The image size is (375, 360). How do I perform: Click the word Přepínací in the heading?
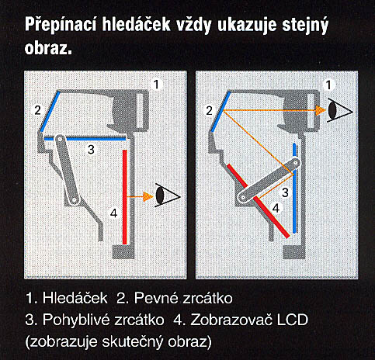61,25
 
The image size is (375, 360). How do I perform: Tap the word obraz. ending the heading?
48,48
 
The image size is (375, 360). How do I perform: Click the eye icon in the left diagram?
167,195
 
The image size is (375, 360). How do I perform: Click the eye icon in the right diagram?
340,110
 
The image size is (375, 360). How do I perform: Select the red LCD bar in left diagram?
125,197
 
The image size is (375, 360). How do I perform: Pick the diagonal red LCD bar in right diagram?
259,201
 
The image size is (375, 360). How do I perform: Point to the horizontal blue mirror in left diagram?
85,139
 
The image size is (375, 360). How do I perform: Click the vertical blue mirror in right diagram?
294,188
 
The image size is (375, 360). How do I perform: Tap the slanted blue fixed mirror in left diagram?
50,112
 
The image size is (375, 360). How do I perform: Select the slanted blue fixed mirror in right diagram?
220,112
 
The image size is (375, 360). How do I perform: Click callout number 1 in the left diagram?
156,85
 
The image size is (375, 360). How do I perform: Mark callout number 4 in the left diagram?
114,213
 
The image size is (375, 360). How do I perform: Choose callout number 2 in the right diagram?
209,111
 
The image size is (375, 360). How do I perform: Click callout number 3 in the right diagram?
285,192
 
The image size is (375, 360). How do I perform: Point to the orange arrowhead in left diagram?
148,197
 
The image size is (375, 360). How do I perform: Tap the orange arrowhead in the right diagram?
321,111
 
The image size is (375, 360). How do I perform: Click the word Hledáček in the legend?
75,298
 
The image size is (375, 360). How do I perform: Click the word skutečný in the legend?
132,342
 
